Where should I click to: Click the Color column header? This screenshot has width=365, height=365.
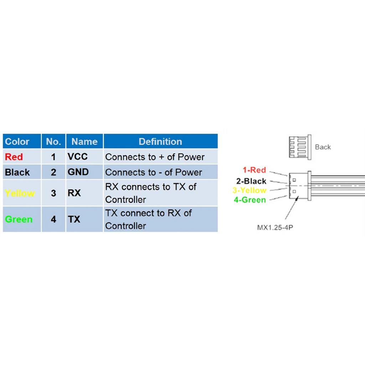pos(17,142)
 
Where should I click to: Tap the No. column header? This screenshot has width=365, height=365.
pos(53,142)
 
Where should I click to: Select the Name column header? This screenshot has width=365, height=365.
pos(84,142)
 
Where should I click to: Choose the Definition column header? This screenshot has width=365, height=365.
pos(160,142)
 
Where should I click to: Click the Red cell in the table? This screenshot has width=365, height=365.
pos(14,157)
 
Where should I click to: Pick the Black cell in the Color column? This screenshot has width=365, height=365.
pos(17,172)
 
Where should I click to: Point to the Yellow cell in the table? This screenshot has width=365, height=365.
pos(20,193)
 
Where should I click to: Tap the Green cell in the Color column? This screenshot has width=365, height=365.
pos(19,219)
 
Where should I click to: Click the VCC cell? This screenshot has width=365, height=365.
pos(77,156)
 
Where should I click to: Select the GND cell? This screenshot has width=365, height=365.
pos(78,172)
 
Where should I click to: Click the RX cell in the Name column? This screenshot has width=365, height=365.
pos(74,193)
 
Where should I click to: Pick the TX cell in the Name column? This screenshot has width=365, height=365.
pos(74,219)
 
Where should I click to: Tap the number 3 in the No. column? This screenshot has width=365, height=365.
pos(53,193)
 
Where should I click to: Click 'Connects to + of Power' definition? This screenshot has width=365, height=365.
pos(155,157)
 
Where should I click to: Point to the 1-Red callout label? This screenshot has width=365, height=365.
pos(254,170)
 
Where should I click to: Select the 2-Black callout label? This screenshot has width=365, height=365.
pos(251,181)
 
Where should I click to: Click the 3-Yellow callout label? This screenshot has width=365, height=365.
pos(249,190)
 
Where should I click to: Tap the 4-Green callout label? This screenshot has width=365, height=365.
pos(250,200)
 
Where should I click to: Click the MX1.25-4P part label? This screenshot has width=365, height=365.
pos(275,227)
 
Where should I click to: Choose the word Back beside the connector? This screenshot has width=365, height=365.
pos(323,147)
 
